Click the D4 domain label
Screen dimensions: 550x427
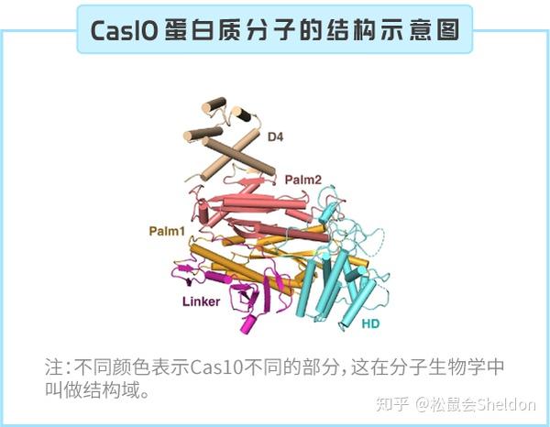coord(275,137)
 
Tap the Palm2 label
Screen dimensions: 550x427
coord(303,180)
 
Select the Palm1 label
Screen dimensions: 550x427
coord(167,231)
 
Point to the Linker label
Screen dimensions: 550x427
coord(202,301)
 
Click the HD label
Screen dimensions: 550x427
coord(370,323)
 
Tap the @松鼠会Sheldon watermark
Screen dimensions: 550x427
coord(475,405)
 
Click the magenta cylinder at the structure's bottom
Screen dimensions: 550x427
coord(249,323)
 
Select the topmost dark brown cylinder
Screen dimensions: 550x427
coord(214,104)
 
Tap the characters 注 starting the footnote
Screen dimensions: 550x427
coord(54,367)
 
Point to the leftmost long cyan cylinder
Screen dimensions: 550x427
coord(305,288)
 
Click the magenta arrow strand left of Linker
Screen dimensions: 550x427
coord(185,268)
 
